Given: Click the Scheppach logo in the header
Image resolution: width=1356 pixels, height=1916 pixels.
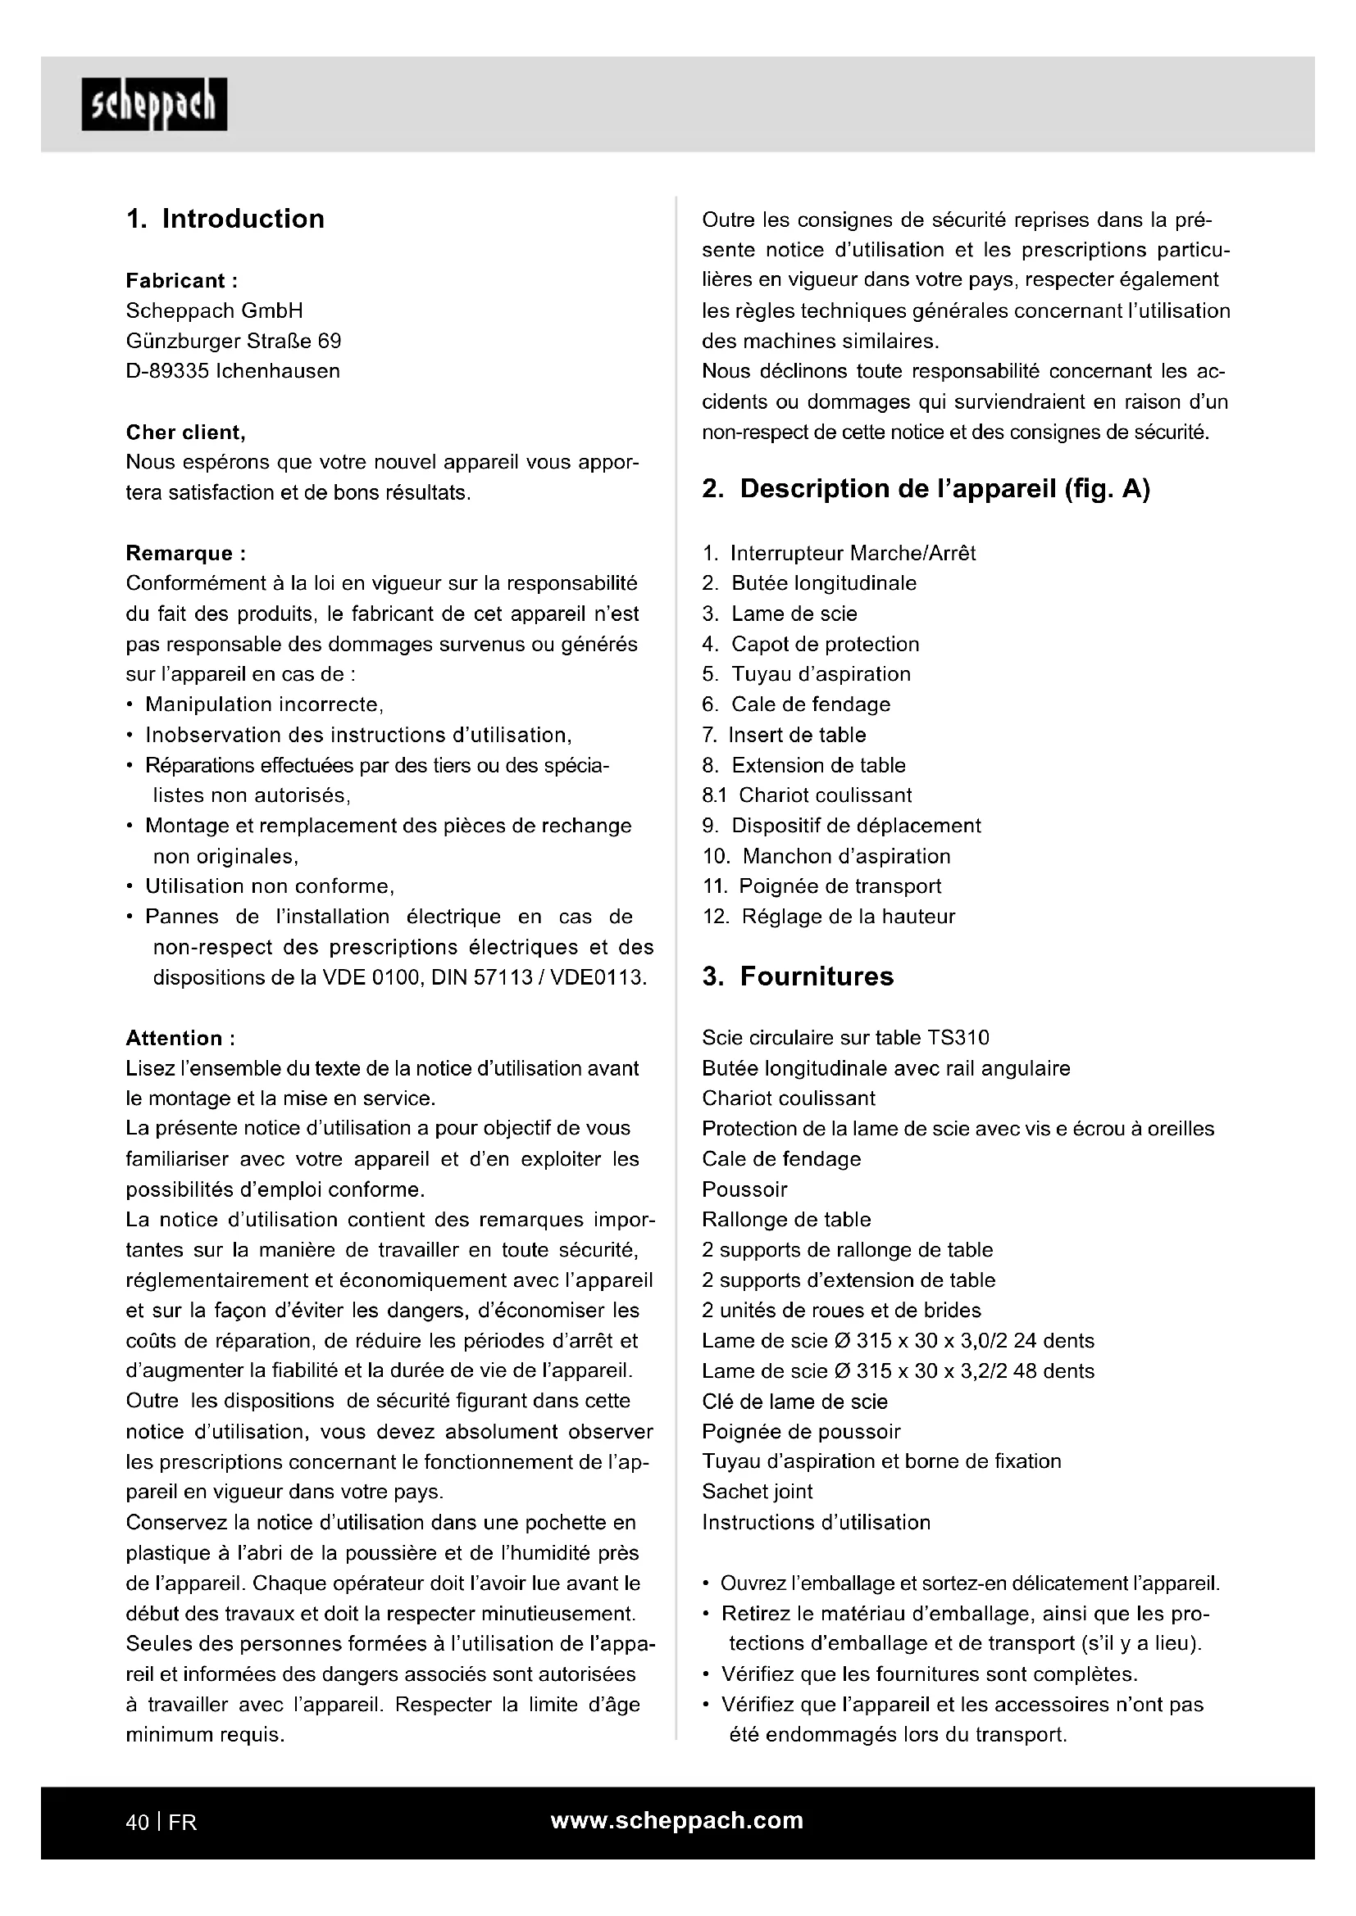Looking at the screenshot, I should [153, 104].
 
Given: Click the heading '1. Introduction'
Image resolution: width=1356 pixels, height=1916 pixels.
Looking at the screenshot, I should [225, 219].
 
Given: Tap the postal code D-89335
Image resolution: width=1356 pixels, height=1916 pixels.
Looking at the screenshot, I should [167, 371].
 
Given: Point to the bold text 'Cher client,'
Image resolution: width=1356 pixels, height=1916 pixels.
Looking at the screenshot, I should [185, 433].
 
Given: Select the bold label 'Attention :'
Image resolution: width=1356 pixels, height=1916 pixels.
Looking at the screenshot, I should [180, 1038].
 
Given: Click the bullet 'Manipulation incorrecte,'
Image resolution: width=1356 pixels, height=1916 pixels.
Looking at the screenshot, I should [264, 705].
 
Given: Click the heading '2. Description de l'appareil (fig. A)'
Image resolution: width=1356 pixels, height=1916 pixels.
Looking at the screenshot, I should [925, 489].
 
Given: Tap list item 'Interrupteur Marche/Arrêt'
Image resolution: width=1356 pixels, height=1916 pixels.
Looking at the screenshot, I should [852, 553].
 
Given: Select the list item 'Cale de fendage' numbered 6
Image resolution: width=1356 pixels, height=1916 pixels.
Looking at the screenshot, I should [810, 705].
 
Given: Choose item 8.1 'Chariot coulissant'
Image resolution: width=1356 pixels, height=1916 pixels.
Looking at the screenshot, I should [824, 795].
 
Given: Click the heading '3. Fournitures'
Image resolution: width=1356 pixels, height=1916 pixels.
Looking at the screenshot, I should [798, 976].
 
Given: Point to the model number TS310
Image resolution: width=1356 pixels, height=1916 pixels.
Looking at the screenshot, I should [958, 1038].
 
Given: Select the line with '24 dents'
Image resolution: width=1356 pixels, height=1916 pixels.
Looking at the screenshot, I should [898, 1341].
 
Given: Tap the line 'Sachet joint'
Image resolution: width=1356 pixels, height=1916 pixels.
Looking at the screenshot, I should [757, 1492].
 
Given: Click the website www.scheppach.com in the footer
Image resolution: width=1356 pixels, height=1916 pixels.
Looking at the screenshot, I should [676, 1821].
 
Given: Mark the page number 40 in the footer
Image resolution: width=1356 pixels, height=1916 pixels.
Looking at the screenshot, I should [137, 1823].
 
